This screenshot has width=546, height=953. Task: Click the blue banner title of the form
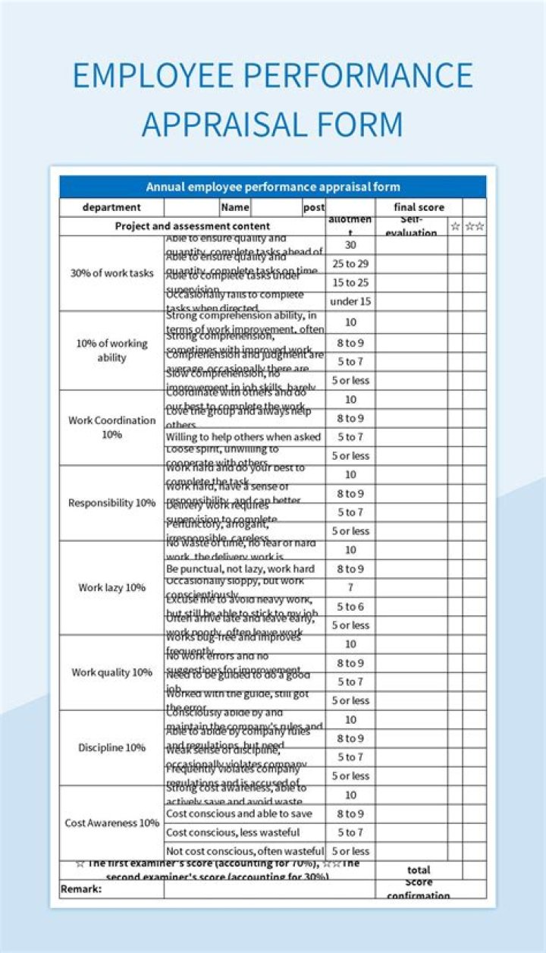273,187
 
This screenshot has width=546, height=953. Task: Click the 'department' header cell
111,207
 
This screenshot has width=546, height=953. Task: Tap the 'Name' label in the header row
235,207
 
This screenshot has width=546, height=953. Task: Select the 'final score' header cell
419,207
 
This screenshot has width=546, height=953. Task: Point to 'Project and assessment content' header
192,225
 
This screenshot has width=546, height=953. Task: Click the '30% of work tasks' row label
111,273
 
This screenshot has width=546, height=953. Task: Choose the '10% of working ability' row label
111,350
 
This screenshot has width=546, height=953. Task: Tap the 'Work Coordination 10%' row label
111,427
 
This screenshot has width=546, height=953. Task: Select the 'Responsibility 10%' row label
111,502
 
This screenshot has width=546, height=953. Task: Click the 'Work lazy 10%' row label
111,587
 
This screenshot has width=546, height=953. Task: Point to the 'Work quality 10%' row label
111,672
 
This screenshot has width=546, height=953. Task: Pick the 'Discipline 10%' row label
111,747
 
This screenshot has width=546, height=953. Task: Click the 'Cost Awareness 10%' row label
111,822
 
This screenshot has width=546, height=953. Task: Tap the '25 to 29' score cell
350,263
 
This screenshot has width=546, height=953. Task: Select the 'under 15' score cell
350,301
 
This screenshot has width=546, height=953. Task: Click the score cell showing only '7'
350,587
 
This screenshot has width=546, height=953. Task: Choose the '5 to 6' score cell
350,606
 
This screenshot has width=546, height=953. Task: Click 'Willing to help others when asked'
243,437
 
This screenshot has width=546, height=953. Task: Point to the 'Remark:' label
81,889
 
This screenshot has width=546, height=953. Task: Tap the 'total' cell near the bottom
419,870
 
